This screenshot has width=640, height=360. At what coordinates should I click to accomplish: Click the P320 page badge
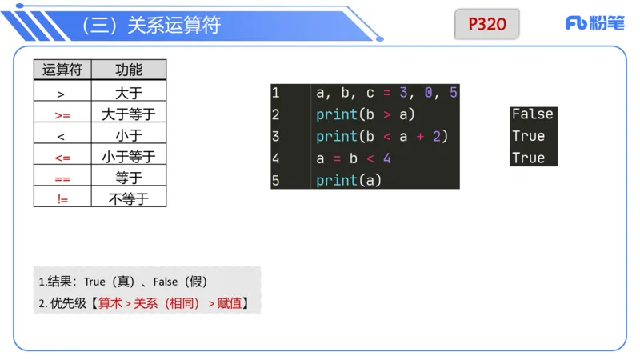pyautogui.click(x=487, y=24)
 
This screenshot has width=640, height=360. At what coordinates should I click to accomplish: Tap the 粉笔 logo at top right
pyautogui.click(x=594, y=23)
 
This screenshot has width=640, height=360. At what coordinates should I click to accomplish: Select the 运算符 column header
pyautogui.click(x=62, y=70)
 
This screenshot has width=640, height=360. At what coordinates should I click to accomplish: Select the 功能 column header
pyautogui.click(x=129, y=70)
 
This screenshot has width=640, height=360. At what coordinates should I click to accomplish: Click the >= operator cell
pyautogui.click(x=62, y=114)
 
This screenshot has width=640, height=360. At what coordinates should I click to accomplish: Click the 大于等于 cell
pyautogui.click(x=129, y=114)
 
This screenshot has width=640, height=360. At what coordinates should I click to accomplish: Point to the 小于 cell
pyautogui.click(x=129, y=135)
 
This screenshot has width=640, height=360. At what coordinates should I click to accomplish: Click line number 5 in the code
pyautogui.click(x=275, y=180)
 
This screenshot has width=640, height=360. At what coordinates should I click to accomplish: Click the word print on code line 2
pyautogui.click(x=336, y=114)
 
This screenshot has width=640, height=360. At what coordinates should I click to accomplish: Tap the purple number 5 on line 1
pyautogui.click(x=454, y=93)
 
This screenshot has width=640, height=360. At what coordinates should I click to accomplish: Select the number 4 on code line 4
pyautogui.click(x=386, y=158)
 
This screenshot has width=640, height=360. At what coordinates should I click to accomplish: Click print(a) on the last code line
pyautogui.click(x=349, y=180)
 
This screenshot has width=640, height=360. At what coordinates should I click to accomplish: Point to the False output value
pyautogui.click(x=532, y=114)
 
